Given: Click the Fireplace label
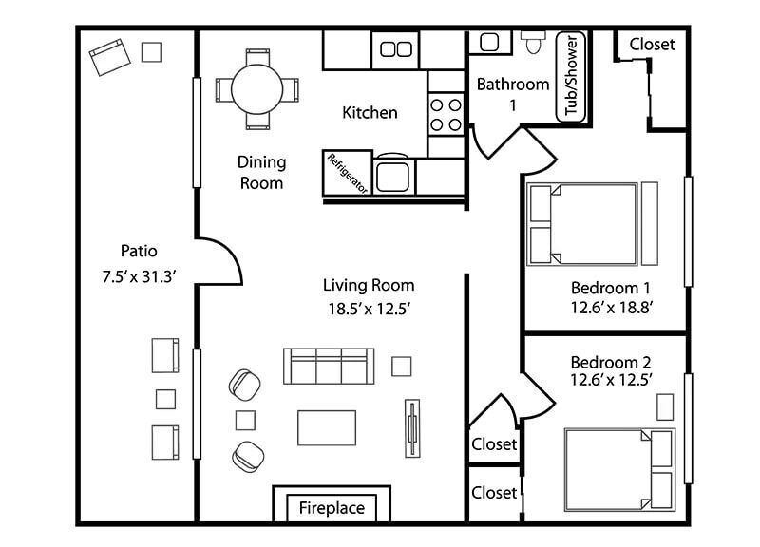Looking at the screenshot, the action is pos(332,508).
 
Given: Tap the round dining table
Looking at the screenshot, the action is pos(256,89).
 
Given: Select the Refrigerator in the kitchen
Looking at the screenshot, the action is pos(348,173).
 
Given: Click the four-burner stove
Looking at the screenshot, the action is pos(446,115).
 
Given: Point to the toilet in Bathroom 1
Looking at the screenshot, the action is pos(533,42).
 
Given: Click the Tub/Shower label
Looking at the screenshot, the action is pos(572,76).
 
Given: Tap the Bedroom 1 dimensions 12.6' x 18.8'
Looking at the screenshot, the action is pos(611,307).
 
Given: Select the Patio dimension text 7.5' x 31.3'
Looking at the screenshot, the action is pos(139,276).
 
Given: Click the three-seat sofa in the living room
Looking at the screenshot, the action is pos(329,366).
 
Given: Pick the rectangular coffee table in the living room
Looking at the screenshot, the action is pos(327,427).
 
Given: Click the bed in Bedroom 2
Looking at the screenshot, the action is pos(620,469).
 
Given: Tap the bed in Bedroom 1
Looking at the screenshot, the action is pos(582,224).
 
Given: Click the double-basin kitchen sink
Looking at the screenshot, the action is pos(395,49).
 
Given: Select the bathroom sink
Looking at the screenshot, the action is pos(489,42).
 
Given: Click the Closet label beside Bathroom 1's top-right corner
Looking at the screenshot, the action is pos(652,44).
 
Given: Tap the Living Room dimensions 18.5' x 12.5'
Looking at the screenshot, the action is pos(370,308).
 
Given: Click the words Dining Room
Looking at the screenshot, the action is pos(261,173).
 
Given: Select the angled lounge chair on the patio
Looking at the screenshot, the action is pos(110,57).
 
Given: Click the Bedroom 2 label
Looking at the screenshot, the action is pos(611,362).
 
